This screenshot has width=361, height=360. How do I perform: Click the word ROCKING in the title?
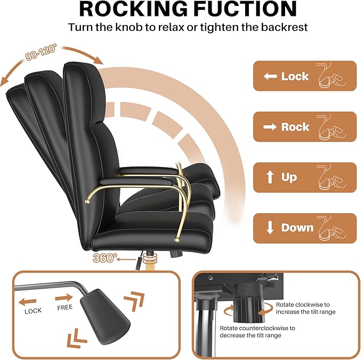click(133, 9)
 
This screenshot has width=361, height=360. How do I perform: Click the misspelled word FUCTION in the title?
click(245, 9)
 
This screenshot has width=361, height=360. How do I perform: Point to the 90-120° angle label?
click(40, 52)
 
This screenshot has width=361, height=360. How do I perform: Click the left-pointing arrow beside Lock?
click(270, 76)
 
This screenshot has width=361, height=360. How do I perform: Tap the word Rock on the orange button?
click(295, 127)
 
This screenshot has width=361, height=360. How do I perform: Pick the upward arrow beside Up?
click(270, 177)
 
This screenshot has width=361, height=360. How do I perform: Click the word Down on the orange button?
click(297, 228)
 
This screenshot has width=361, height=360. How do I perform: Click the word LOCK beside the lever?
click(33, 311)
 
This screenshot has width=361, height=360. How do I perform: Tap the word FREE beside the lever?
click(65, 307)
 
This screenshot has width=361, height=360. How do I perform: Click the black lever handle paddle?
click(105, 316)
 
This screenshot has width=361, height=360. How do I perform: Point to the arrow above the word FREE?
click(64, 298)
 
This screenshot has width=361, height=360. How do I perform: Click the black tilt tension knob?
click(248, 303)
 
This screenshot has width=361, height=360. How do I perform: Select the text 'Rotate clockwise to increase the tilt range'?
click(306, 308)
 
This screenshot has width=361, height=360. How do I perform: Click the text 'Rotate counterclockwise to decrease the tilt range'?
click(257, 332)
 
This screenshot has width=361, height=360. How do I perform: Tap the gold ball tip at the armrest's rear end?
click(87, 202)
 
